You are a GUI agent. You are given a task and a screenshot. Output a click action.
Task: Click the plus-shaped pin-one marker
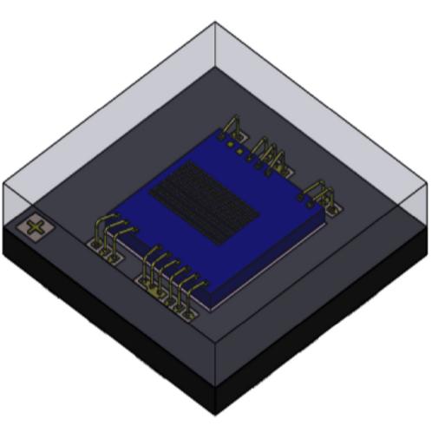pyautogui.click(x=36, y=228)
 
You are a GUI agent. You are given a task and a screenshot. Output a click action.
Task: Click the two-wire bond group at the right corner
pyautogui.click(x=322, y=193)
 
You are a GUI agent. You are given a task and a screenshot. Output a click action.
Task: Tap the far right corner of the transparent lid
pyautogui.click(x=428, y=182)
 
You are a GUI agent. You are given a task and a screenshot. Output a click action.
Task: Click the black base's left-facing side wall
pyautogui.click(x=104, y=321)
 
